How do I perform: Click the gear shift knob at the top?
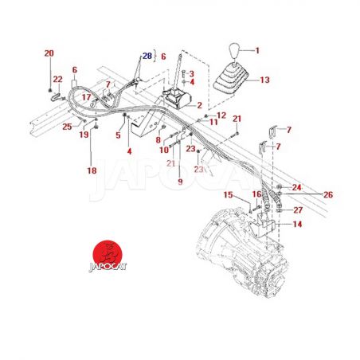tap(234, 52)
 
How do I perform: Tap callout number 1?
tap(257, 50)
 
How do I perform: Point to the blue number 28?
tap(147, 56)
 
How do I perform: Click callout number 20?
tap(49, 53)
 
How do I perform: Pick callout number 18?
tap(92, 170)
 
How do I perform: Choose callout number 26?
tap(328, 195)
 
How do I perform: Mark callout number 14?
tap(297, 225)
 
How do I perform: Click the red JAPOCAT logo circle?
tap(108, 254)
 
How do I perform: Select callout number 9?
tap(180, 182)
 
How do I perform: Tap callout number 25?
tap(67, 127)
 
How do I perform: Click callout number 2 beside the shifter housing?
tap(199, 105)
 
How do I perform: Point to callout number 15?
tap(228, 195)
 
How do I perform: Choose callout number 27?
tap(298, 210)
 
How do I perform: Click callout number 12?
tap(221, 115)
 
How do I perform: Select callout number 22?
tap(58, 79)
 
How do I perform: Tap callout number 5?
tap(118, 135)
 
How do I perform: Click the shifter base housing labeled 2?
tap(178, 99)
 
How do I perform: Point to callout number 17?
tap(86, 97)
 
